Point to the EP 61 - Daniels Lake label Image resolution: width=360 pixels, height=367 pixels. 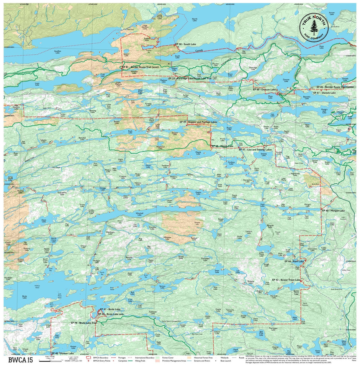[x=324, y=93]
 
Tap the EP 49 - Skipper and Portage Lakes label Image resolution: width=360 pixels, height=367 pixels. [x=198, y=122]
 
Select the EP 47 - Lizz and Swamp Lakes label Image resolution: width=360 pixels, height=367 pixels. [x=255, y=149]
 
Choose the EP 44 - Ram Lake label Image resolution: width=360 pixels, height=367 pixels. [x=294, y=261]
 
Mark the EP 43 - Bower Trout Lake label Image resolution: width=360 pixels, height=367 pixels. [x=286, y=280]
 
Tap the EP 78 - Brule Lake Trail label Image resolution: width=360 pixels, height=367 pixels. [x=84, y=323]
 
